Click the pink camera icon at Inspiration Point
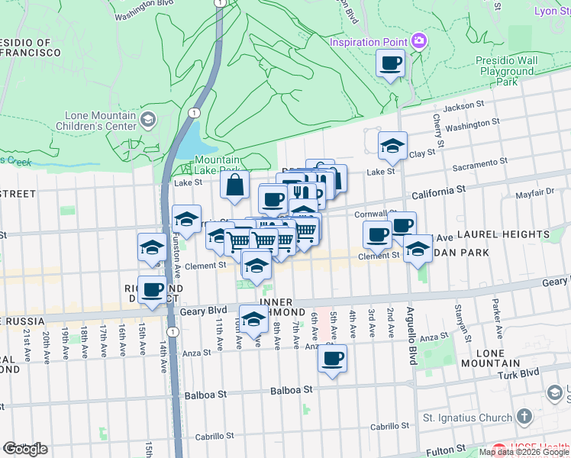(418, 40)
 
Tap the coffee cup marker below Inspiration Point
(391, 63)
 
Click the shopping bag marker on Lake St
(235, 185)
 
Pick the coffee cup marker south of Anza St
(331, 359)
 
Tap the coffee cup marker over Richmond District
(153, 290)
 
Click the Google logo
(25, 449)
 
